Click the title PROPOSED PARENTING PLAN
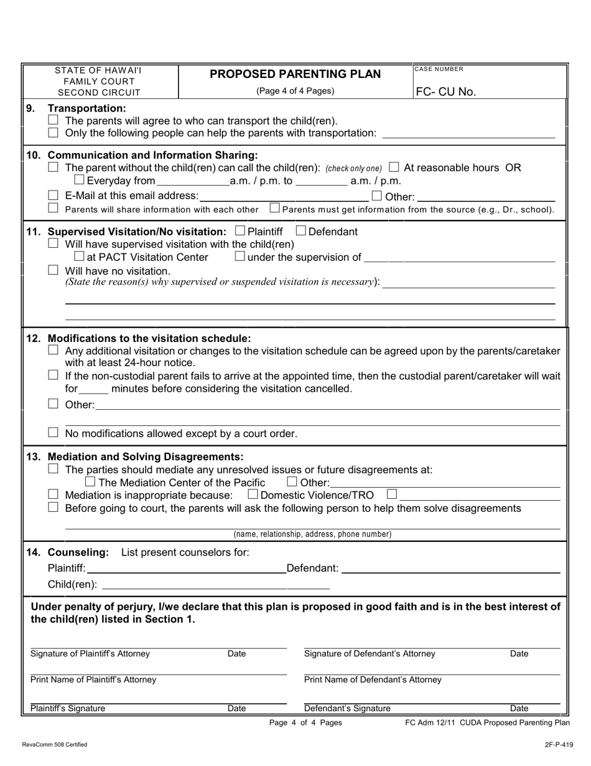(295, 74)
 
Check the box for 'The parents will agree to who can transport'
(54, 120)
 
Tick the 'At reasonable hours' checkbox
(394, 167)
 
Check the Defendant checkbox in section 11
(301, 231)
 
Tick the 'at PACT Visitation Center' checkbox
(79, 257)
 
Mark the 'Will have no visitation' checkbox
(54, 270)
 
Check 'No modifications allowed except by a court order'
(54, 432)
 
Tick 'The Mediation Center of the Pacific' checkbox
(90, 482)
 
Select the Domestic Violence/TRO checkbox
(253, 495)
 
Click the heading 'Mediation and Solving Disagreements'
(146, 456)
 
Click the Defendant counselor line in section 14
(450, 568)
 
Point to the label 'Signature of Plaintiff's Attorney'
(90, 654)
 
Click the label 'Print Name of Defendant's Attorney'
(373, 679)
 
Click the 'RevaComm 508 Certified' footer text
(54, 744)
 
